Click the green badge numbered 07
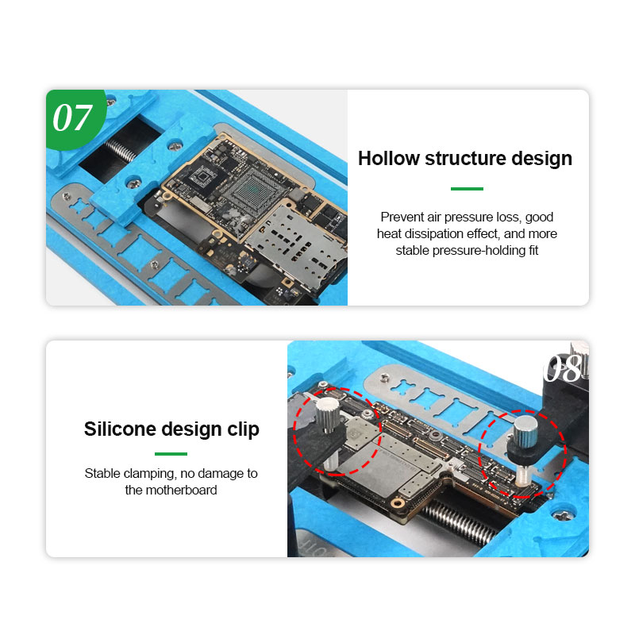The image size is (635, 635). click(x=75, y=118)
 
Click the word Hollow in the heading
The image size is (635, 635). click(x=389, y=158)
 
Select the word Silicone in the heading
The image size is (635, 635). click(x=118, y=429)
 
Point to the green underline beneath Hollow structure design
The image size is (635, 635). click(x=467, y=189)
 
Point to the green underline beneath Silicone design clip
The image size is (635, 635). click(x=171, y=454)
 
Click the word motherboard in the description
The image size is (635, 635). click(x=182, y=490)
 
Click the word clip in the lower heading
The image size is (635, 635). click(x=244, y=429)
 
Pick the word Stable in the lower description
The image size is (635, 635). click(x=102, y=473)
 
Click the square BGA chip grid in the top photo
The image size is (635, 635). click(x=252, y=191)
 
